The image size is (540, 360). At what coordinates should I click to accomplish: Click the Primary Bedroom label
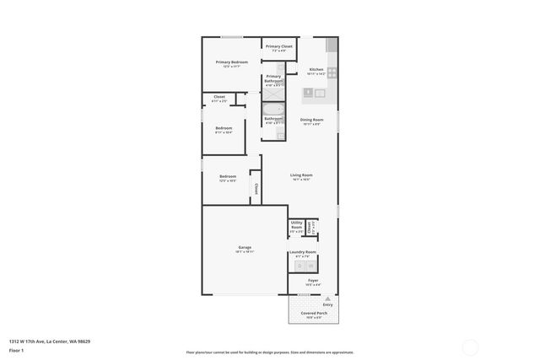click(231, 62)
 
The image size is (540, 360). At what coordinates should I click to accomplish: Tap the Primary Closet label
click(279, 47)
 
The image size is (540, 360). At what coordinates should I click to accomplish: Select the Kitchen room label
click(316, 69)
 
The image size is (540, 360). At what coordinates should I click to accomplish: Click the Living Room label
click(302, 175)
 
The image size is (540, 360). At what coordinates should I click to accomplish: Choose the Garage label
click(245, 247)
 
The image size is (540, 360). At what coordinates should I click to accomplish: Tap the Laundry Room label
click(302, 252)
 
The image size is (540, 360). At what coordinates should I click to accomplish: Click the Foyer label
click(313, 280)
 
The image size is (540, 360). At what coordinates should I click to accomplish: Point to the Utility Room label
click(296, 225)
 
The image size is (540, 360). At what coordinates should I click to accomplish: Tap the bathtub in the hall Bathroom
click(273, 109)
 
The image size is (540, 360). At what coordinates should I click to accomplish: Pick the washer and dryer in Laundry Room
click(302, 266)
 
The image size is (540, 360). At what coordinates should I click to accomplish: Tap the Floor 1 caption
click(16, 349)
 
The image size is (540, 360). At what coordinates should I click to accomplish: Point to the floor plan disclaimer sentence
click(270, 352)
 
